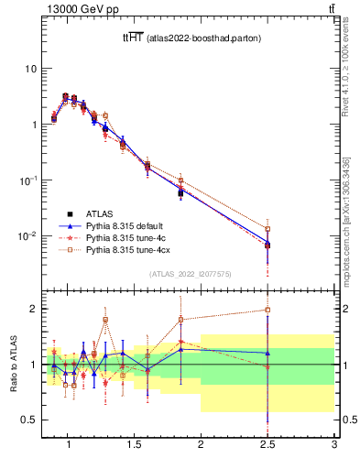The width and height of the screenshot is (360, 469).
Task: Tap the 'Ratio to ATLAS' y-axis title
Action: [x=12, y=365]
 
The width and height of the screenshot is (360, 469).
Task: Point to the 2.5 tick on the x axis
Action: [x=267, y=446]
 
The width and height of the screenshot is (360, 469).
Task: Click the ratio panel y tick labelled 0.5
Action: [x=29, y=420]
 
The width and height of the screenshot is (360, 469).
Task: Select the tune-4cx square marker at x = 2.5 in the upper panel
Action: [x=267, y=229]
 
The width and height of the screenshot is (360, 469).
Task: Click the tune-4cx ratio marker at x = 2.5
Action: [x=267, y=310]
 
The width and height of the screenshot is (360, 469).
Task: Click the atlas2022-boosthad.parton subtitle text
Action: [x=198, y=38]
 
